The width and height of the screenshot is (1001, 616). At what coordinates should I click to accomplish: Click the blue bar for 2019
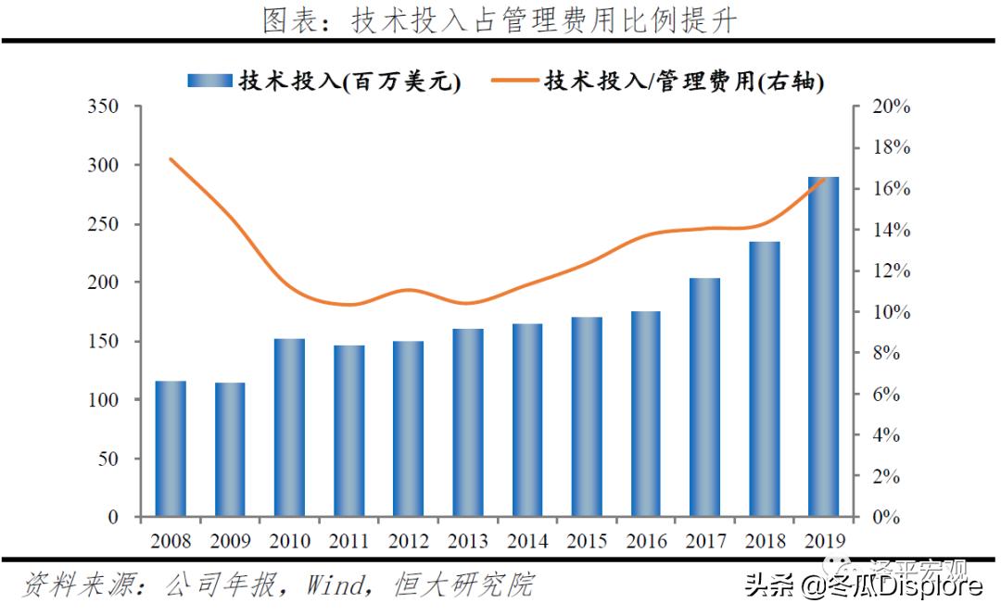[x=823, y=346]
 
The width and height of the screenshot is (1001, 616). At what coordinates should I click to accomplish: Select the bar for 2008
[x=171, y=448]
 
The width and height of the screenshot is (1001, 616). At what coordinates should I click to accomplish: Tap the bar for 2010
[x=289, y=427]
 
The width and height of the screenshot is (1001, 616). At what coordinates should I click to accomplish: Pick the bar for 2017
[x=704, y=397]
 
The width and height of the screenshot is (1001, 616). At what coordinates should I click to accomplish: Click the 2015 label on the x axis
[x=586, y=540]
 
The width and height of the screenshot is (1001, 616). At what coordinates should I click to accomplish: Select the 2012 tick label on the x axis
[x=408, y=540]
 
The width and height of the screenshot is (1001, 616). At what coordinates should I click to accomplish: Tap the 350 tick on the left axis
[x=103, y=107]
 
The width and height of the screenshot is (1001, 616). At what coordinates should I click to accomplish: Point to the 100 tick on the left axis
[x=103, y=400]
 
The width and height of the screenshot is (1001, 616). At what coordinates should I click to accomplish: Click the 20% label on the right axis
[x=892, y=107]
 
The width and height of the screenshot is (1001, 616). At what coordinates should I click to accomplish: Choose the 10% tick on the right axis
[x=892, y=312]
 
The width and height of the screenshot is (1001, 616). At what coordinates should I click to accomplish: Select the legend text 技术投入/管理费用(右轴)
[x=684, y=81]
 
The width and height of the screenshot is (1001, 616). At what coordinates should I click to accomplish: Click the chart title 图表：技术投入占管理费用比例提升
[x=500, y=20]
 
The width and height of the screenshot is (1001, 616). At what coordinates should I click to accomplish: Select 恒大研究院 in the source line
[x=463, y=585]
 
